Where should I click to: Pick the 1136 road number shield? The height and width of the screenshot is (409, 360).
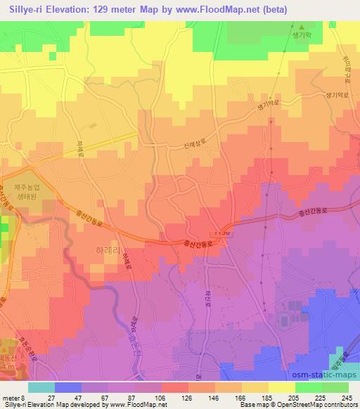tap(223, 232)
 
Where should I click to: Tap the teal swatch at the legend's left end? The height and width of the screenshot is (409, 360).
tap(41, 387)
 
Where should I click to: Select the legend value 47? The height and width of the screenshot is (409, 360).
tap(78, 398)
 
